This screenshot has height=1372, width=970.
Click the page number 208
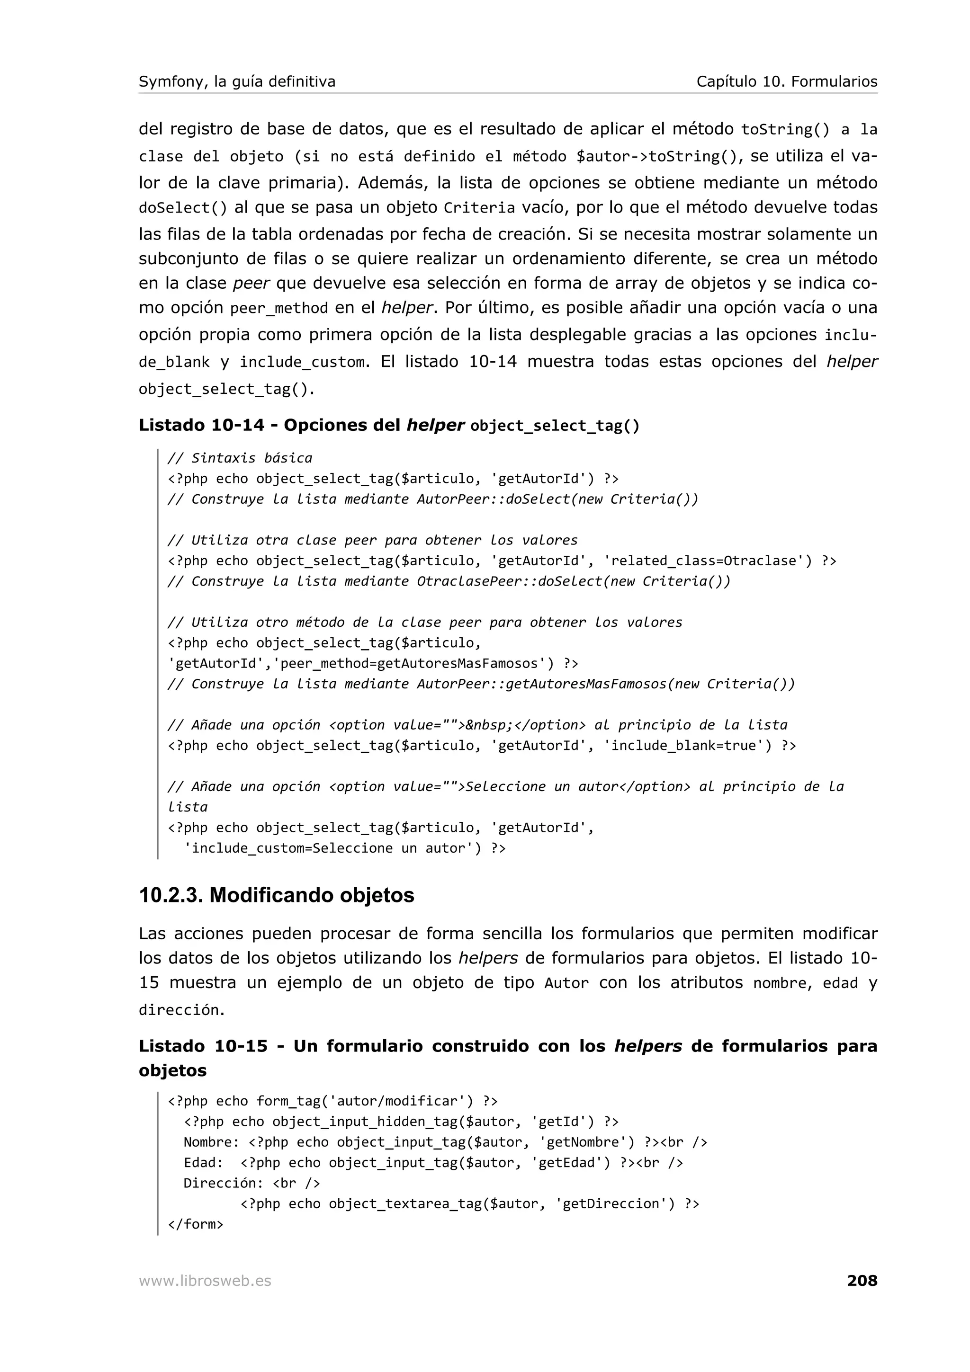(x=862, y=1281)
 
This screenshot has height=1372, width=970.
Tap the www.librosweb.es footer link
(x=205, y=1281)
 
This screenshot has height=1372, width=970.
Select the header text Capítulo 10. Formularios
(x=787, y=81)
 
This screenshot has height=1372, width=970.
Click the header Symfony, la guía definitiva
(x=237, y=81)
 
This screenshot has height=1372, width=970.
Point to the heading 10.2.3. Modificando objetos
(x=276, y=895)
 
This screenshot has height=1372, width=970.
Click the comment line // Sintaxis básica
(x=240, y=458)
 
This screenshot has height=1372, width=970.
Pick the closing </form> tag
(x=196, y=1224)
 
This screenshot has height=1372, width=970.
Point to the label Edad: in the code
(x=203, y=1162)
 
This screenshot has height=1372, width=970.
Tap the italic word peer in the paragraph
(x=251, y=283)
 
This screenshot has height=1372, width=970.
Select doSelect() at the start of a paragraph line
(x=183, y=208)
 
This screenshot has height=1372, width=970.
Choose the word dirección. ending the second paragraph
(x=182, y=1010)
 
